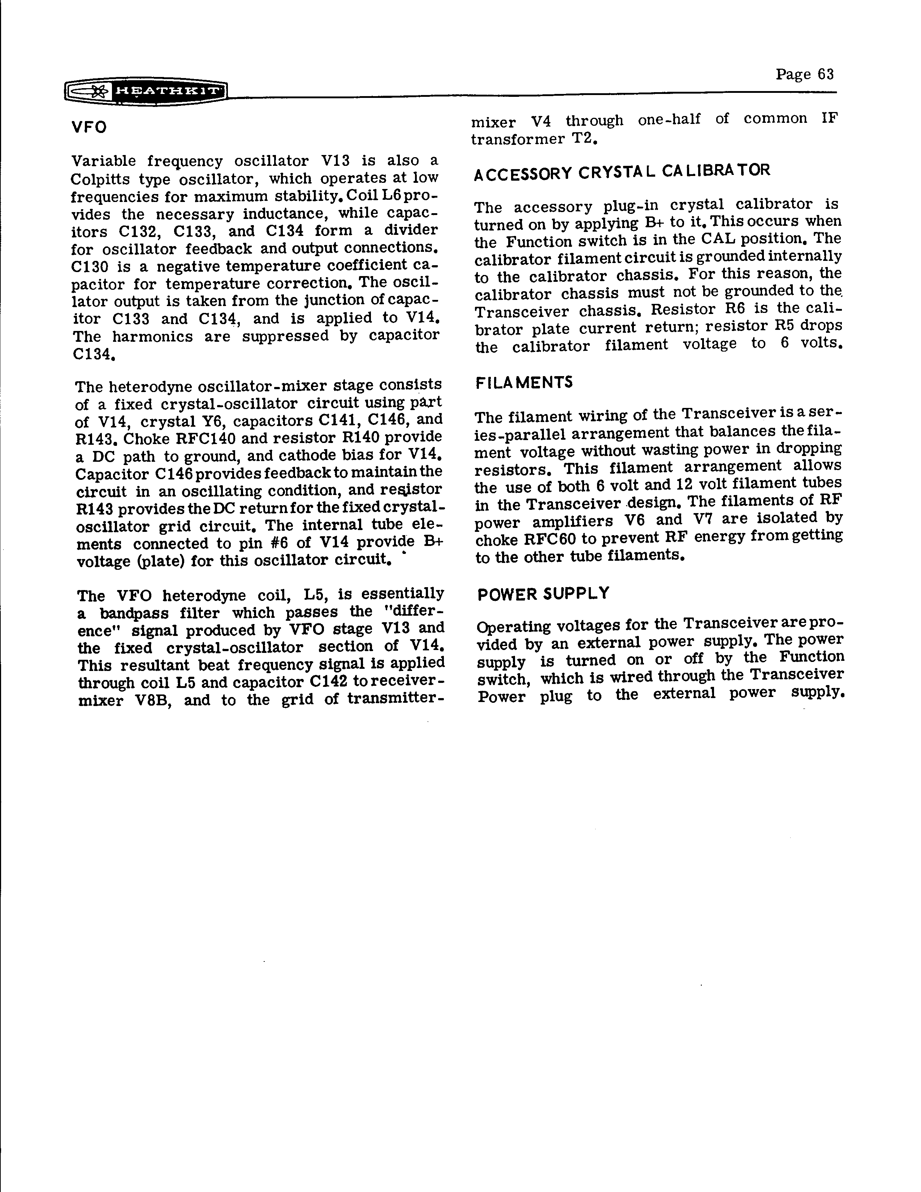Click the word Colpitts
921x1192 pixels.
[x=99, y=179]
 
